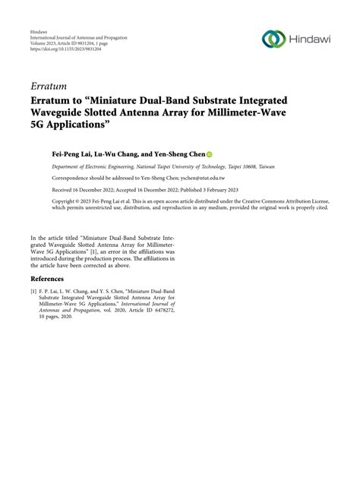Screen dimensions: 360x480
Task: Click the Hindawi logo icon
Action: coord(273,39)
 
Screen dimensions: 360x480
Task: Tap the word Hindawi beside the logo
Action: coord(309,39)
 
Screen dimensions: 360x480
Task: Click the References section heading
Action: coord(52,279)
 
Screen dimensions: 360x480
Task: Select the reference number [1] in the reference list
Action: coord(34,290)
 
